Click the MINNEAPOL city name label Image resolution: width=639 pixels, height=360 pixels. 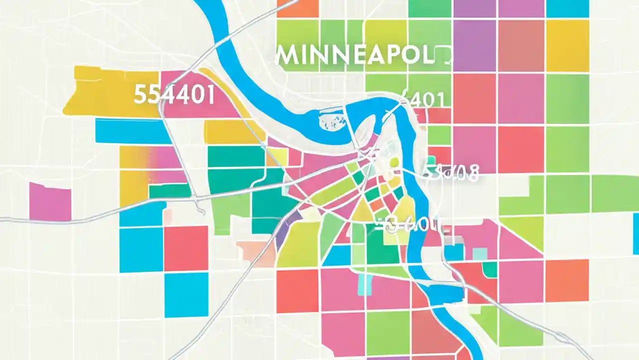[354, 56]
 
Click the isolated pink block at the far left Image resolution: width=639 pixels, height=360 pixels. [50, 201]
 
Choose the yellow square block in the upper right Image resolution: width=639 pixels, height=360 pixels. [567, 45]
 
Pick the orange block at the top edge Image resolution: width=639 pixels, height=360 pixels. [298, 8]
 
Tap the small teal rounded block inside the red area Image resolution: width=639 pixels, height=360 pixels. [490, 270]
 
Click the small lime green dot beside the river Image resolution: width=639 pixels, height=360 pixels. [394, 161]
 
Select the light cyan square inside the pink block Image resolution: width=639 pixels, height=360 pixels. [365, 284]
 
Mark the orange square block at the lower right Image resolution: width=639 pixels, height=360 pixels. [567, 280]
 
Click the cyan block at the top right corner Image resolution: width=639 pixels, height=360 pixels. [567, 8]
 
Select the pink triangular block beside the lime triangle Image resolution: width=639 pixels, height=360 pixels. [519, 245]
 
